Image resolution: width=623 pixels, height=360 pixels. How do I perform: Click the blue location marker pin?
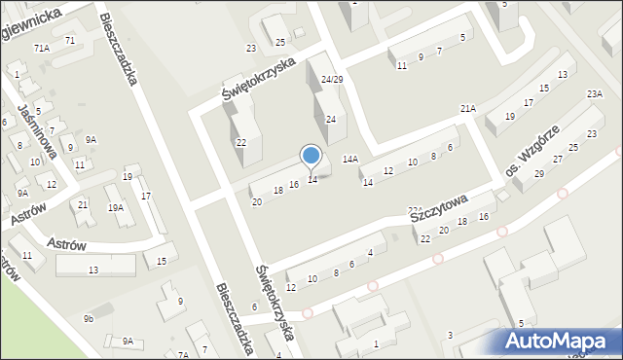coord(311,156)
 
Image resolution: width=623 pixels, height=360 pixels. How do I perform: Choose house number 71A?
coord(41,48)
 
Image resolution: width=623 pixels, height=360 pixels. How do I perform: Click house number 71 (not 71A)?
coord(70,40)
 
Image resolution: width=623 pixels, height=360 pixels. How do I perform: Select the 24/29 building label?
coord(332,79)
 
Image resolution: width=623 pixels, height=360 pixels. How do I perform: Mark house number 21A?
coord(468,108)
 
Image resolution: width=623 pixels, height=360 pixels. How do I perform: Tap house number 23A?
coord(594,94)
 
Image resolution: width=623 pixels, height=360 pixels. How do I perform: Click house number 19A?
coord(115,207)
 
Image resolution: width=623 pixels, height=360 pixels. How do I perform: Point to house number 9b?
coord(89,318)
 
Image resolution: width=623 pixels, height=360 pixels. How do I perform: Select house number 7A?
coord(183,355)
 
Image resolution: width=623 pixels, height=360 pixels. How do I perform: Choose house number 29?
coord(539,174)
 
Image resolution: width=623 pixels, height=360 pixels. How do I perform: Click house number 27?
coord(558,159)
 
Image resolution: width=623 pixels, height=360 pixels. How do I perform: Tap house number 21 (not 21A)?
coord(83,204)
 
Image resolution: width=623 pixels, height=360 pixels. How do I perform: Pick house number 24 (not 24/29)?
coord(331,119)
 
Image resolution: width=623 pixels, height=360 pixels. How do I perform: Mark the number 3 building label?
coord(449,336)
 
